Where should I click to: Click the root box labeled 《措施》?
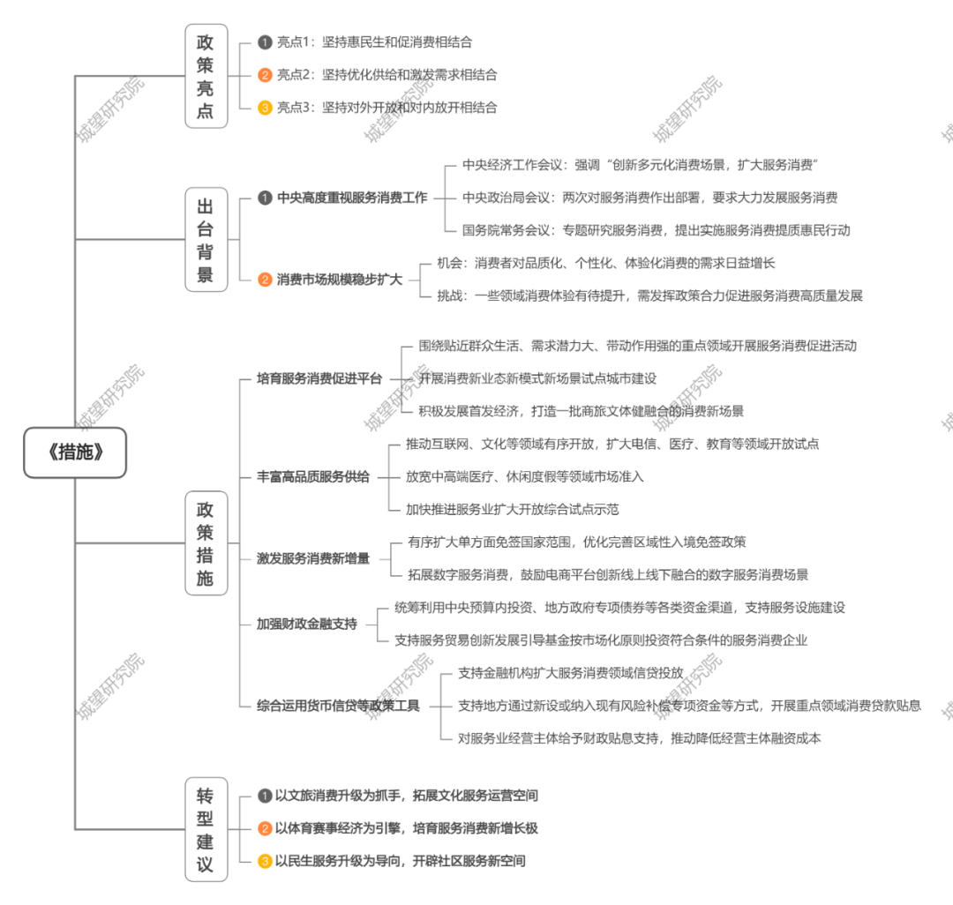pos(76,452)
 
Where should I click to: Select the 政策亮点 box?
pos(206,76)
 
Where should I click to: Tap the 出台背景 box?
pos(206,239)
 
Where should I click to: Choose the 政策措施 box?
pos(206,543)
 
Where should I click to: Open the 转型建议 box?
pos(206,829)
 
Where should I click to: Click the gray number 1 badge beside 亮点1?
pos(264,41)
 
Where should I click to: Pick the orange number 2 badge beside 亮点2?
pos(264,75)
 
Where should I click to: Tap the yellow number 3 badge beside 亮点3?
pos(264,108)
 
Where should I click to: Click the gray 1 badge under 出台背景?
pos(264,198)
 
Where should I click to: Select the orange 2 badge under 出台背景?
pos(264,280)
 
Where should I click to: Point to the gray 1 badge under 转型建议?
pos(264,796)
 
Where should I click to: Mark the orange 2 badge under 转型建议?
pos(264,828)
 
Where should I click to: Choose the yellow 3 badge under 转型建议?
pos(264,861)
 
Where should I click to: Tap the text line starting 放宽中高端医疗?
pos(524,476)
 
